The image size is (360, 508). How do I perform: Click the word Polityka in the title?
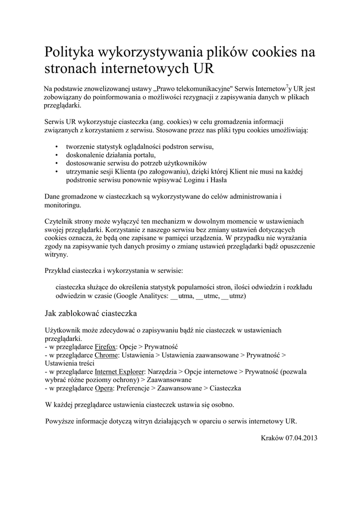click(72, 52)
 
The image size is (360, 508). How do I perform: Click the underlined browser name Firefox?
click(105, 347)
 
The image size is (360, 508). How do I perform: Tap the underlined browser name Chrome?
click(106, 355)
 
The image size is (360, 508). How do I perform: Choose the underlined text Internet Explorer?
click(120, 371)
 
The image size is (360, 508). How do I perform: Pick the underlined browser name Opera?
click(104, 387)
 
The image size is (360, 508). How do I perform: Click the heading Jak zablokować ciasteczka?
click(90, 314)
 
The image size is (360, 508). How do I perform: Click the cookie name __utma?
click(182, 296)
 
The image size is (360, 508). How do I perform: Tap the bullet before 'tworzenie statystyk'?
click(58, 147)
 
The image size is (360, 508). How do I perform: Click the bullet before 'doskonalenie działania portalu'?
click(58, 155)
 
